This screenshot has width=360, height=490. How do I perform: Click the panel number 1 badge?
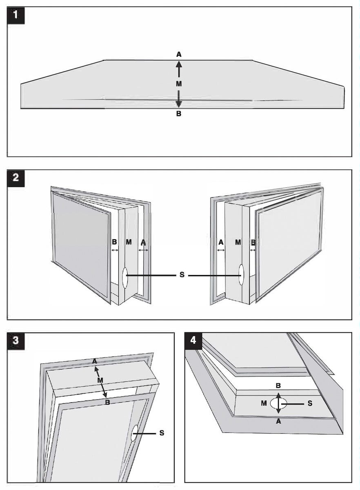click(16, 16)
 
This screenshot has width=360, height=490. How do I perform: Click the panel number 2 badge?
click(16, 178)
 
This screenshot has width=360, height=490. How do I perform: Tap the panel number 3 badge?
click(16, 341)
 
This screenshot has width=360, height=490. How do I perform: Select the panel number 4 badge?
click(193, 341)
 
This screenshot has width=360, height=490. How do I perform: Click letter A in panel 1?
click(179, 54)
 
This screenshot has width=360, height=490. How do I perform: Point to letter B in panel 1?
click(179, 114)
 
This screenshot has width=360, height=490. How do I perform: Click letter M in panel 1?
click(179, 84)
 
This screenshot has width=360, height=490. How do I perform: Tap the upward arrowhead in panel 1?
click(179, 64)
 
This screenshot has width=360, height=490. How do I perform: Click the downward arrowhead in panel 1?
click(179, 104)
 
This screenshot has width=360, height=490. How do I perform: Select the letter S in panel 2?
click(182, 275)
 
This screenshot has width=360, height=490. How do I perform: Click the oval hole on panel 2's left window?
click(125, 277)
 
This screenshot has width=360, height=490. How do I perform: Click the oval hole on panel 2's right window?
click(241, 275)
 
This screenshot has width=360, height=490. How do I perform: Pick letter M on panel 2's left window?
click(129, 242)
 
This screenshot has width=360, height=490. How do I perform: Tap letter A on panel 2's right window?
click(221, 242)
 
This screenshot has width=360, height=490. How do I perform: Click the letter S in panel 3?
click(162, 433)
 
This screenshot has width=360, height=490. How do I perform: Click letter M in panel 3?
click(100, 381)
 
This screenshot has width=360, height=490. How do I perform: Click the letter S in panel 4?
click(310, 403)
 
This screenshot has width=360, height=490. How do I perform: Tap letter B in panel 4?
click(278, 385)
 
